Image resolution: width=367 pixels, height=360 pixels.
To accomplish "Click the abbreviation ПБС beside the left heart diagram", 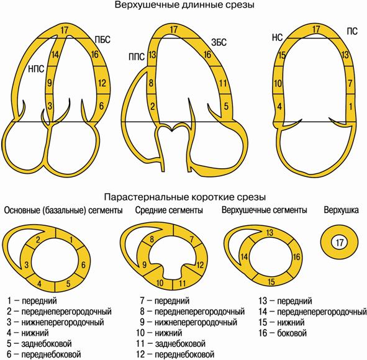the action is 102,40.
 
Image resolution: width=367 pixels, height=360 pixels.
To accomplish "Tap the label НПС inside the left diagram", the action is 36,69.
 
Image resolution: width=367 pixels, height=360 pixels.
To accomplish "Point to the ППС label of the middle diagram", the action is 137,57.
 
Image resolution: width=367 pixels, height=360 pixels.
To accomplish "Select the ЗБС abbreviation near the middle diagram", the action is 219,42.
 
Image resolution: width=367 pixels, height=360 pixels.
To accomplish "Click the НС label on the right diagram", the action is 277,37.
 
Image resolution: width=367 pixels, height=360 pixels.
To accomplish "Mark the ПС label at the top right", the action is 352,31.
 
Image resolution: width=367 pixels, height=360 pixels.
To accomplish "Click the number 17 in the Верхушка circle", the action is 340,243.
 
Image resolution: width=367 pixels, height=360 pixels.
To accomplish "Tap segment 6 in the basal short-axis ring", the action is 83,265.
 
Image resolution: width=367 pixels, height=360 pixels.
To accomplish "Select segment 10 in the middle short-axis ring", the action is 160,283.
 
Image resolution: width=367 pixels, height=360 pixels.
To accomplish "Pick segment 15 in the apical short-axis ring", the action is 271,282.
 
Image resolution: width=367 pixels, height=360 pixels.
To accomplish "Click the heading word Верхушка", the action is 341,210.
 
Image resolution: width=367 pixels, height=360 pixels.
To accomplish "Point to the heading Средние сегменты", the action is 169,210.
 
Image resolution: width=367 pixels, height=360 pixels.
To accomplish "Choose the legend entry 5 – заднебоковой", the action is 39,344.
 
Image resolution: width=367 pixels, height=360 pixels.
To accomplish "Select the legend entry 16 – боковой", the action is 283,333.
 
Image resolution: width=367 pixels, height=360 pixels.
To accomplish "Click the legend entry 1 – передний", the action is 32,300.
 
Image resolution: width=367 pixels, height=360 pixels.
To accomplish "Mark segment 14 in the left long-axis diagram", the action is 55,55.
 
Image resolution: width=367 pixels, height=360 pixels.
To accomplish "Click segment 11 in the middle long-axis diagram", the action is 223,83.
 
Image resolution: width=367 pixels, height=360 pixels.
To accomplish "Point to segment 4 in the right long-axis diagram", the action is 279,106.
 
